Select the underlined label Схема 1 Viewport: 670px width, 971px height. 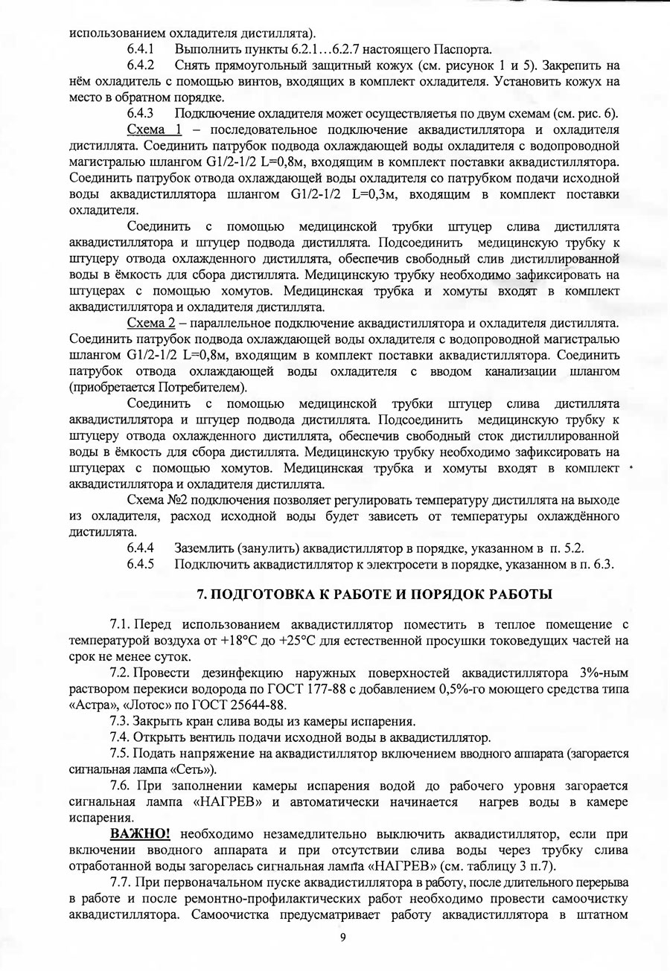coord(155,130)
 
